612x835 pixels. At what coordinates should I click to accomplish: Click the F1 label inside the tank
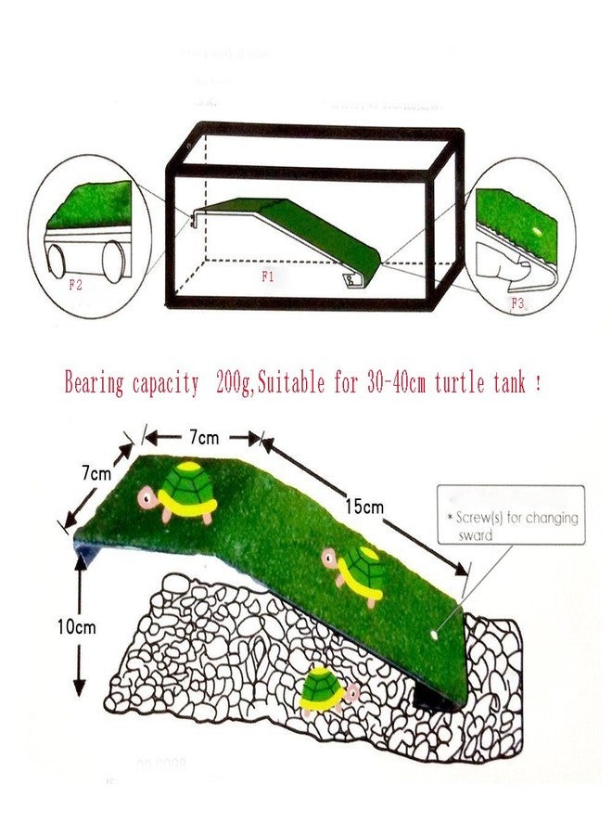pos(267,276)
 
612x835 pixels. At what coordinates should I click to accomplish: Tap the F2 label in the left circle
pos(76,285)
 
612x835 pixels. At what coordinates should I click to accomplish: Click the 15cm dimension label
pos(366,507)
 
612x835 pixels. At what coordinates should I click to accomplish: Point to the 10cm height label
pos(74,627)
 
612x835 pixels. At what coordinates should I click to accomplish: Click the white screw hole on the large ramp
pos(437,634)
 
